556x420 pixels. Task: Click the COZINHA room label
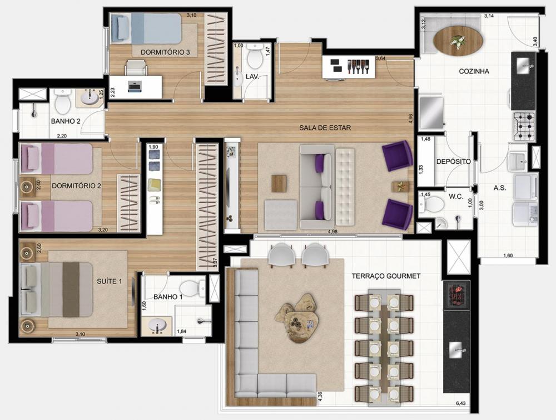(474, 71)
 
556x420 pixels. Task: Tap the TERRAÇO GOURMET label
(386, 276)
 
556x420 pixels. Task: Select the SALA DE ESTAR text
(325, 128)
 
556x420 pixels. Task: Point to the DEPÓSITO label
(454, 162)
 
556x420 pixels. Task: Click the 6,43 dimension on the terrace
(461, 403)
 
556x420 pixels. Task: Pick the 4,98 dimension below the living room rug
(332, 232)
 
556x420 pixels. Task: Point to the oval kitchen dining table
(458, 41)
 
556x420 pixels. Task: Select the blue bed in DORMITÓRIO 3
(146, 28)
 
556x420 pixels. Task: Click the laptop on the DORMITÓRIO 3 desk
(135, 86)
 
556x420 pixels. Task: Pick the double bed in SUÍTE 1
(57, 289)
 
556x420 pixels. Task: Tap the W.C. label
(456, 197)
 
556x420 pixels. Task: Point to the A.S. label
(500, 188)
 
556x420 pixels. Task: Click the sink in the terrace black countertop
(456, 350)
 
